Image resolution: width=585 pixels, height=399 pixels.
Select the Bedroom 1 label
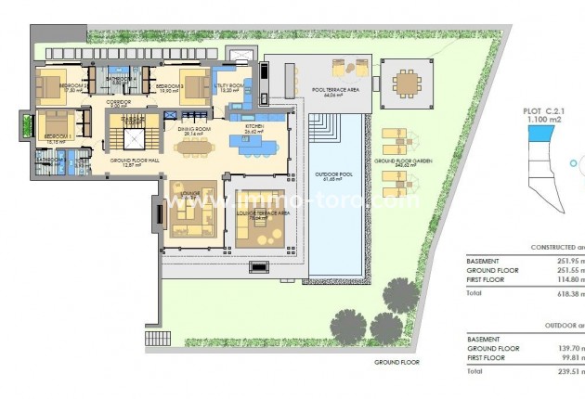pyautogui.click(x=57, y=136)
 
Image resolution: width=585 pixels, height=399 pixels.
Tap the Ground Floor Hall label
pyautogui.click(x=136, y=161)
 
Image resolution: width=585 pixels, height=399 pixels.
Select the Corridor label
pyautogui.click(x=118, y=102)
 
